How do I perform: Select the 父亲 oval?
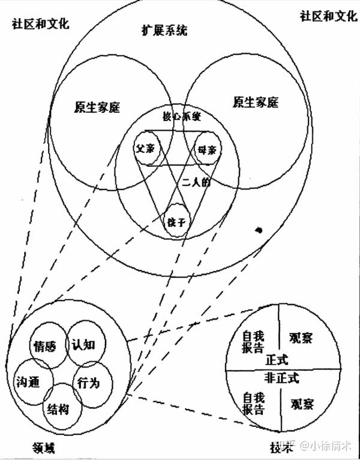click(146, 148)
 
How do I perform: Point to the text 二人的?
click(197, 184)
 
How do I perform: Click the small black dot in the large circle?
click(259, 230)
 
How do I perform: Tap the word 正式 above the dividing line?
click(277, 360)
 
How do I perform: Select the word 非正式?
click(282, 379)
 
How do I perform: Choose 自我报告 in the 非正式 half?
click(253, 403)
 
